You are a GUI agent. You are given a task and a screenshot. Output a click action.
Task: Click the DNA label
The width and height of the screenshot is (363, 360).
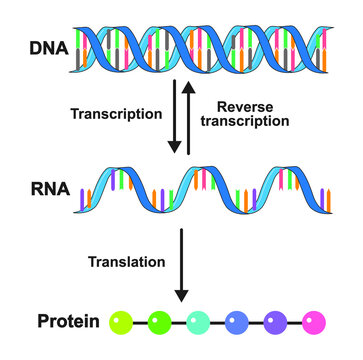coord(47,47)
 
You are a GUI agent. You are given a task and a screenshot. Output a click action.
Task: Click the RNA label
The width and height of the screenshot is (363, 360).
coord(47,186)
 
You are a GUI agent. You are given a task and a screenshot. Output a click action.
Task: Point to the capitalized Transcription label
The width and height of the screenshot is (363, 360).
coord(116,114)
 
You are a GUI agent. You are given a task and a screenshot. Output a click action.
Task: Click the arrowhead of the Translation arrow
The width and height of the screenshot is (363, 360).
coord(181,297)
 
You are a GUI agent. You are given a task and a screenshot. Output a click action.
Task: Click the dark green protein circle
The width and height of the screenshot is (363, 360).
coord(158,322)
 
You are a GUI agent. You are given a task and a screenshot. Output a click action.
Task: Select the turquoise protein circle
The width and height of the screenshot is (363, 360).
coord(199,322)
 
